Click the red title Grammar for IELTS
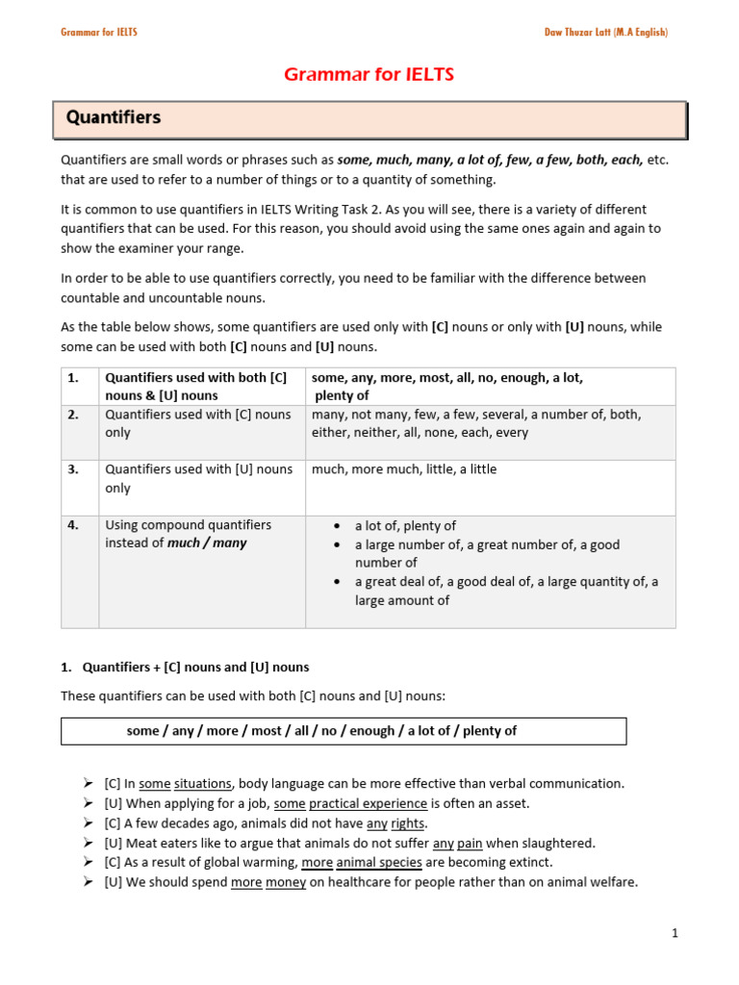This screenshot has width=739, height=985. pyautogui.click(x=369, y=75)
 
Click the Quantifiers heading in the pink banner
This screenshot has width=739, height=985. pyautogui.click(x=114, y=117)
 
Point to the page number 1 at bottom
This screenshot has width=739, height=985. pyautogui.click(x=675, y=933)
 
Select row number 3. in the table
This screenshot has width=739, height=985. pyautogui.click(x=73, y=469)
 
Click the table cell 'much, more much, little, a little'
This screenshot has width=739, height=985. pyautogui.click(x=404, y=469)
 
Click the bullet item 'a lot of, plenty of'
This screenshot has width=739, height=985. pyautogui.click(x=405, y=526)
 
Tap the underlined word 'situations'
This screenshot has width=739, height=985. pyautogui.click(x=203, y=784)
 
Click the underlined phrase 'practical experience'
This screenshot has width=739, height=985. pyautogui.click(x=369, y=803)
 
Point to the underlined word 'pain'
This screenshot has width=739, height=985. pyautogui.click(x=470, y=843)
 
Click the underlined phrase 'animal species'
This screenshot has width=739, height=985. pyautogui.click(x=384, y=862)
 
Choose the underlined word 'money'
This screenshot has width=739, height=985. pyautogui.click(x=286, y=882)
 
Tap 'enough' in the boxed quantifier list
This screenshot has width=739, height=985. pyautogui.click(x=372, y=731)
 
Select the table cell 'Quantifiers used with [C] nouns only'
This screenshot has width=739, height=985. pyautogui.click(x=198, y=423)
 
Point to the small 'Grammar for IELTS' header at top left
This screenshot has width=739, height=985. pyautogui.click(x=99, y=32)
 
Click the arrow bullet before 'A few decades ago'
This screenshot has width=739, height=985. pyautogui.click(x=90, y=823)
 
